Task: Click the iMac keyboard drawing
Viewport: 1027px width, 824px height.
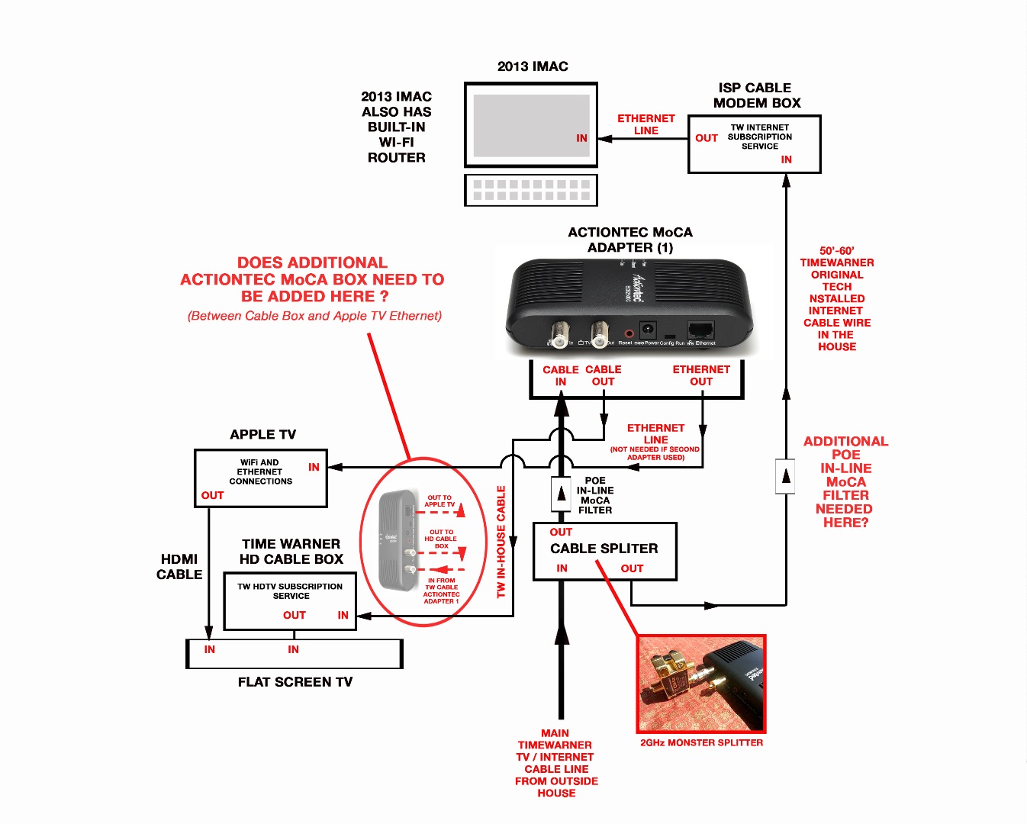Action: coord(531,190)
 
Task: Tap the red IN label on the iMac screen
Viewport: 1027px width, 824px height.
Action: coord(581,138)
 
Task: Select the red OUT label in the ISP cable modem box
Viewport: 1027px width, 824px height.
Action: coord(707,138)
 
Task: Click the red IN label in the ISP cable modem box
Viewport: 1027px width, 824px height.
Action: coord(786,159)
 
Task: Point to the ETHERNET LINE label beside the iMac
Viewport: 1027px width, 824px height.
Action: coord(645,124)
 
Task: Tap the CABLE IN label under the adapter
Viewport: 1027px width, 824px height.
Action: coord(561,375)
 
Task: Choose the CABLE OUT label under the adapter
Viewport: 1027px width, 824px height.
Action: coord(604,375)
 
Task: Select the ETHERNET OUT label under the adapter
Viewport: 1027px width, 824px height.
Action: coord(701,375)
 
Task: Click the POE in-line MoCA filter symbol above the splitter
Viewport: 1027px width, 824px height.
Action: coord(562,494)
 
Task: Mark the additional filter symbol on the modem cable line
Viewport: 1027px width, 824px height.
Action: coord(786,477)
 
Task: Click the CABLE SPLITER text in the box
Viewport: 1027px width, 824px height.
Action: coord(604,549)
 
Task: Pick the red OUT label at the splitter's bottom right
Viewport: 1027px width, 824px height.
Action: coord(632,568)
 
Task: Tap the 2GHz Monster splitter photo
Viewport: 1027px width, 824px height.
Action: coord(701,684)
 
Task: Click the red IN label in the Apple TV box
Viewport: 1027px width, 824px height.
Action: coord(314,467)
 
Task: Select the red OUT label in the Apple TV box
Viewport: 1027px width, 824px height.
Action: coord(212,495)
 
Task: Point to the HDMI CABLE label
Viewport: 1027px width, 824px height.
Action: coord(179,567)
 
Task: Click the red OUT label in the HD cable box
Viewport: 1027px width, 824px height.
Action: coord(295,615)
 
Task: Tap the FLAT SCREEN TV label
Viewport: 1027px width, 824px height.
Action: coord(295,682)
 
